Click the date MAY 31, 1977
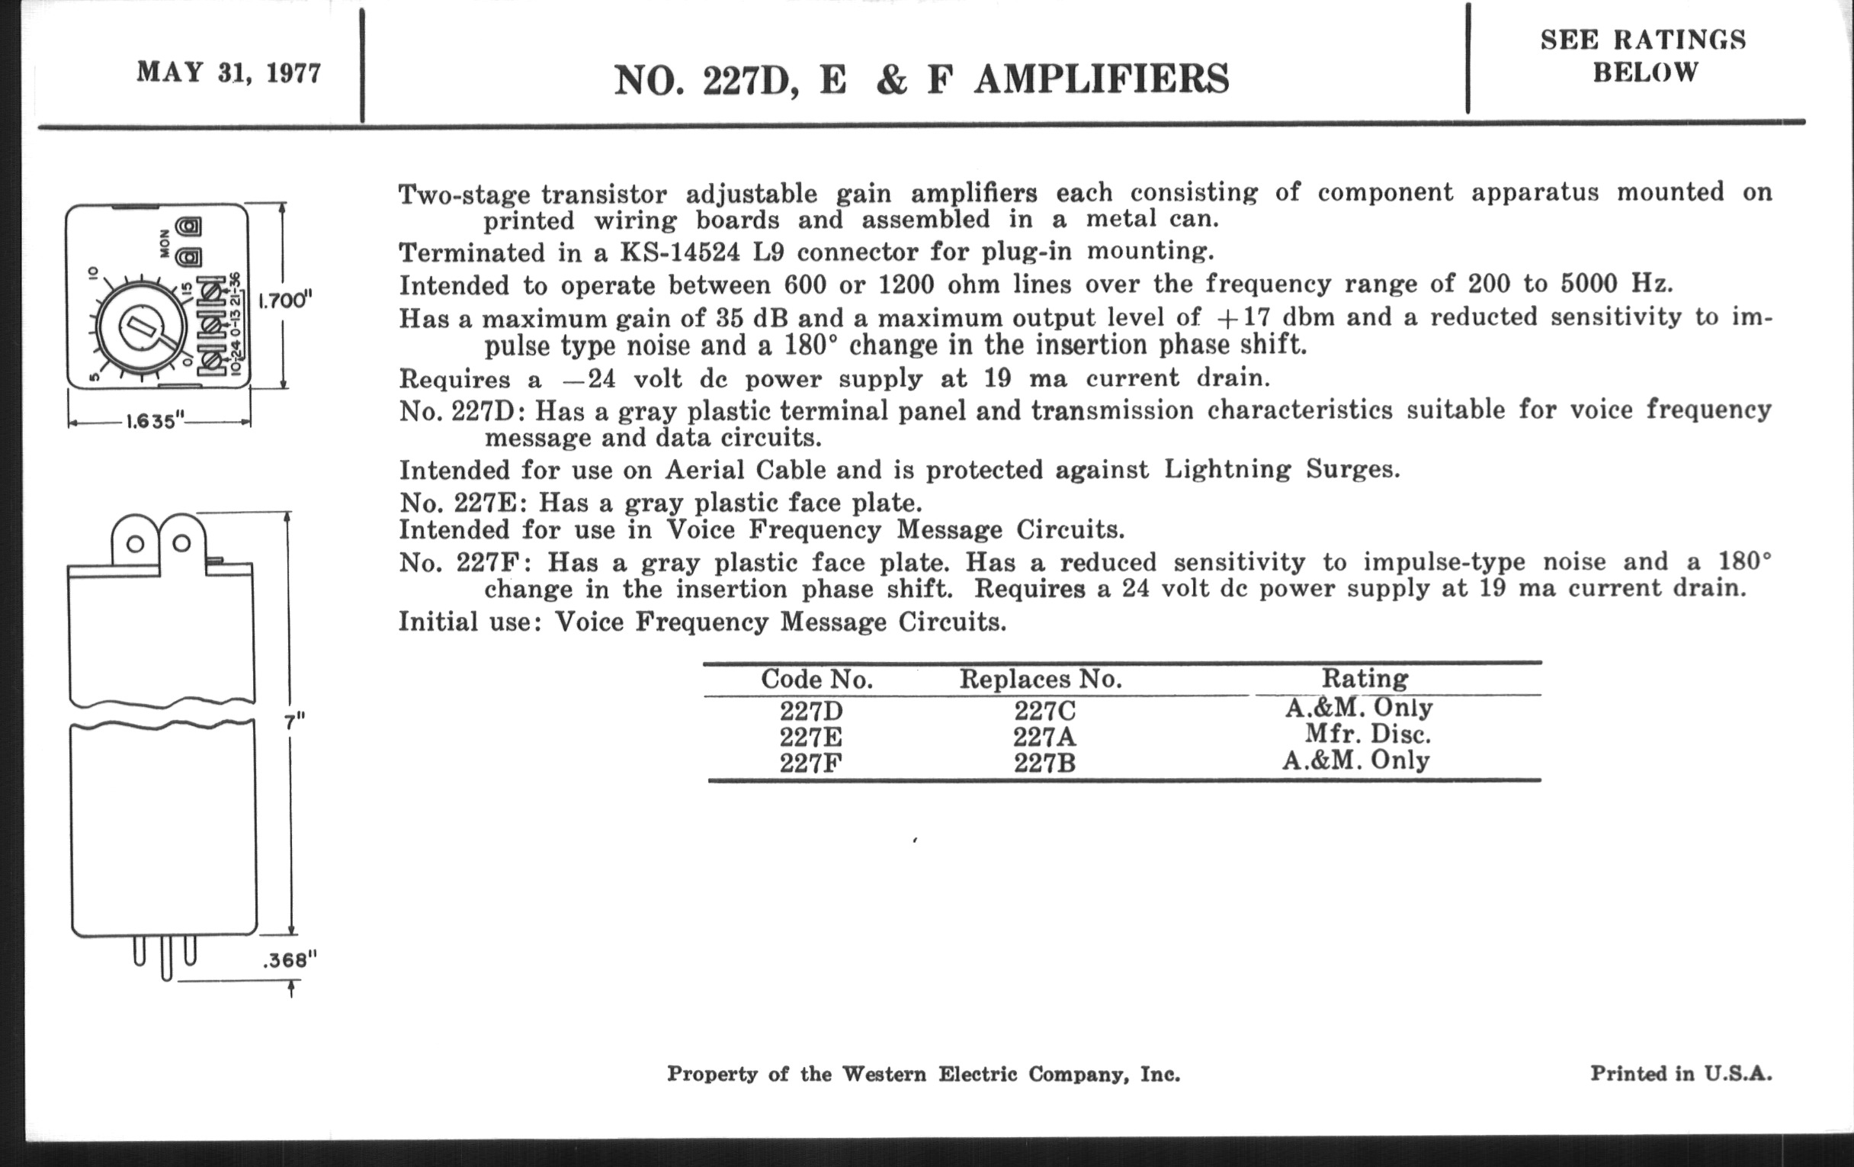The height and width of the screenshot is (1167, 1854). click(229, 73)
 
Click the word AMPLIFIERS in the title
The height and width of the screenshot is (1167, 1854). click(1101, 80)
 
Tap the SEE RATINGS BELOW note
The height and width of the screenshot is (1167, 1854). click(1643, 56)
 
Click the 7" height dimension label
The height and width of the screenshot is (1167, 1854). click(293, 721)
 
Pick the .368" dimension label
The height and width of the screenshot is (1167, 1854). click(290, 960)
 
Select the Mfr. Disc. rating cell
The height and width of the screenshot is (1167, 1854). click(1368, 734)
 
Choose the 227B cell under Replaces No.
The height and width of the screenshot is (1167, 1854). click(1044, 763)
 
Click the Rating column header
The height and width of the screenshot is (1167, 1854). click(1365, 678)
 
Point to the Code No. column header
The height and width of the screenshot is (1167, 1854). click(816, 680)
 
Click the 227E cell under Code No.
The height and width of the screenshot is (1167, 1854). click(810, 737)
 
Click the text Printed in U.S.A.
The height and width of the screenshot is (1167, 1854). click(1681, 1074)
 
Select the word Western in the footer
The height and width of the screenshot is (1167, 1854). click(883, 1075)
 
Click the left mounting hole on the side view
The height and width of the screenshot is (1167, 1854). click(135, 544)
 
